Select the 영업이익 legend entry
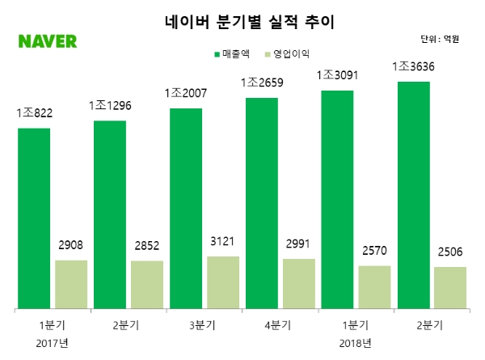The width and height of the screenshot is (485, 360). [x=301, y=53]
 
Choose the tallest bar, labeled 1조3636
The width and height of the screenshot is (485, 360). [x=412, y=195]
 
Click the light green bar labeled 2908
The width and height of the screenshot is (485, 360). [x=71, y=284]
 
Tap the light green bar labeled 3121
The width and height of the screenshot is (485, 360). [x=222, y=282]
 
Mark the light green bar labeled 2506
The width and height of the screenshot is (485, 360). [x=449, y=287]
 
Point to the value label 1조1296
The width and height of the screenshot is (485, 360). [x=110, y=106]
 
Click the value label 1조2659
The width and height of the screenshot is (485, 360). [x=260, y=83]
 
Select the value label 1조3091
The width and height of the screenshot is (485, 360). [x=336, y=75]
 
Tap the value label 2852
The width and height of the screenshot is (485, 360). [x=146, y=246]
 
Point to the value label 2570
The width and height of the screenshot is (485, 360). [x=374, y=251]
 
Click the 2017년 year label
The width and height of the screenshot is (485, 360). [x=53, y=342]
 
